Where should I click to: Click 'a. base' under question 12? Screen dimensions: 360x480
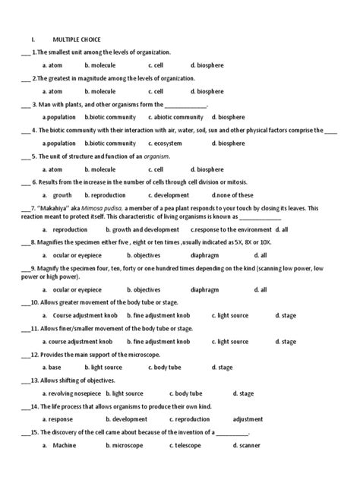pyautogui.click(x=52, y=367)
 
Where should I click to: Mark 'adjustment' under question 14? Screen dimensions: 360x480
pyautogui.click(x=248, y=419)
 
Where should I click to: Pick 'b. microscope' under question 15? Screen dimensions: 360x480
pyautogui.click(x=128, y=446)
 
